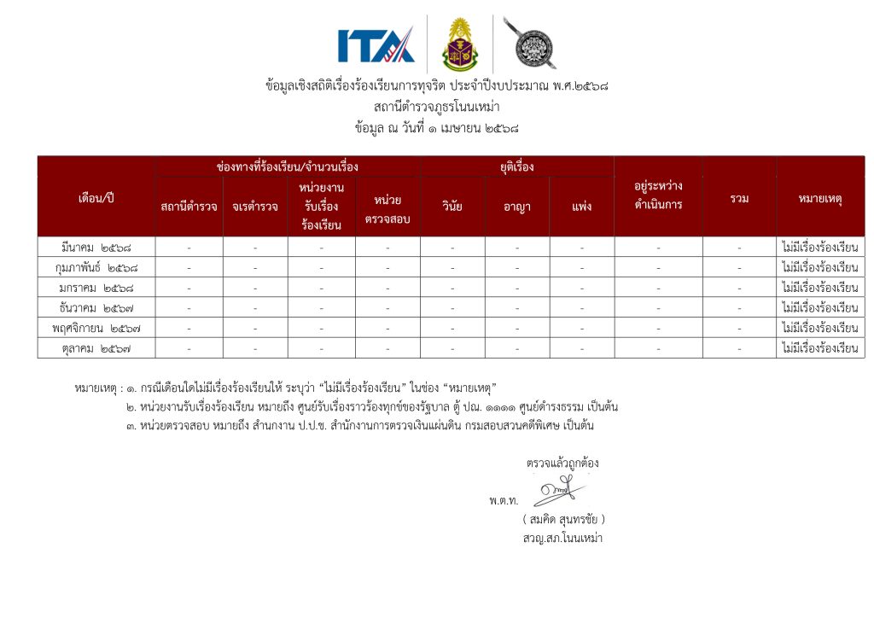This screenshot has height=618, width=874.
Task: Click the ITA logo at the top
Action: tap(376, 44)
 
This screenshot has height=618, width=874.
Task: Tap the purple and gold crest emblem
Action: tap(460, 44)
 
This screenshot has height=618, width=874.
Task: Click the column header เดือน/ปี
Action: tap(96, 198)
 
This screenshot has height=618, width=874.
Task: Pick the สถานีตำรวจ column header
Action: tap(189, 207)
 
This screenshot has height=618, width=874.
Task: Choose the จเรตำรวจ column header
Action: tap(255, 207)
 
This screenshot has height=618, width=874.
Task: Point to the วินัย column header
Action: tap(452, 207)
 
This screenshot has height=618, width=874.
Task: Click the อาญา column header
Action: tap(517, 207)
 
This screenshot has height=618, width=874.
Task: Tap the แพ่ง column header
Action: tap(582, 207)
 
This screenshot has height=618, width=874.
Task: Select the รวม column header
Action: tap(739, 198)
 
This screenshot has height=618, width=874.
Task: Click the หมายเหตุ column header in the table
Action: tap(820, 198)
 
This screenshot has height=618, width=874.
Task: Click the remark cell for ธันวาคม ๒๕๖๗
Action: tap(820, 307)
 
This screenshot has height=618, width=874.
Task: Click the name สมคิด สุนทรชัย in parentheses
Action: tap(563, 519)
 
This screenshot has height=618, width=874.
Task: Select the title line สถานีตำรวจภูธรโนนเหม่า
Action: tap(436, 107)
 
